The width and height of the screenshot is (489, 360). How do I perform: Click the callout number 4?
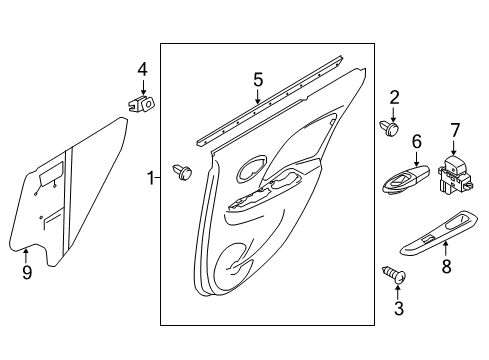pyautogui.click(x=142, y=70)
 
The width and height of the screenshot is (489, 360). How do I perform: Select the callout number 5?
pyautogui.click(x=258, y=80)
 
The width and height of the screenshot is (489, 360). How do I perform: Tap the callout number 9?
pyautogui.click(x=27, y=272)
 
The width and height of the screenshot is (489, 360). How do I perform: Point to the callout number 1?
pyautogui.click(x=151, y=178)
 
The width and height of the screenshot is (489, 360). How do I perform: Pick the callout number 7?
pyautogui.click(x=455, y=130)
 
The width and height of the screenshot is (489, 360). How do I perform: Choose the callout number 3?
pyautogui.click(x=399, y=308)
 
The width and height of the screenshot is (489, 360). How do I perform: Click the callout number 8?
pyautogui.click(x=446, y=266)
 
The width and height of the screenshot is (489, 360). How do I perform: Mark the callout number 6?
pyautogui.click(x=417, y=141)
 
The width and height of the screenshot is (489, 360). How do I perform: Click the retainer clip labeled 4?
pyautogui.click(x=141, y=103)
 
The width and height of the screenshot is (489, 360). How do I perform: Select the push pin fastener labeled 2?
pyautogui.click(x=390, y=128)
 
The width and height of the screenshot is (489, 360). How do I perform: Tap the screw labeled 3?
pyautogui.click(x=394, y=275)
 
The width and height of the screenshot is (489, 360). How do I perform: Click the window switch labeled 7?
pyautogui.click(x=455, y=174)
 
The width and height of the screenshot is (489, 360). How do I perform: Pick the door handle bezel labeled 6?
pyautogui.click(x=405, y=180)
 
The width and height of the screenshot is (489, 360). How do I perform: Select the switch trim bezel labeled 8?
pyautogui.click(x=439, y=232)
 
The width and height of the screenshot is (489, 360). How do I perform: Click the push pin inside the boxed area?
pyautogui.click(x=182, y=172)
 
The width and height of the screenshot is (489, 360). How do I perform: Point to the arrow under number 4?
pyautogui.click(x=143, y=87)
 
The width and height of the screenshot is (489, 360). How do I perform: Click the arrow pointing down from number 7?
pyautogui.click(x=454, y=148)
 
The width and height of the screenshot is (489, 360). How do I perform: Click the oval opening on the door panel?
pyautogui.click(x=252, y=169)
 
